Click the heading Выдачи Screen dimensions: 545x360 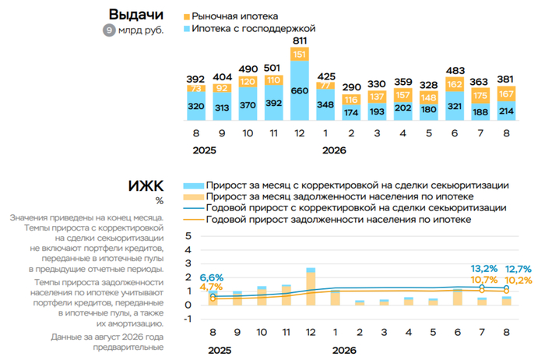pyautogui.click(x=136, y=15)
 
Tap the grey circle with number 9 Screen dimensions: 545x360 pyautogui.click(x=109, y=30)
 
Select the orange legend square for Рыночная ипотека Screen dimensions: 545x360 pyautogui.click(x=187, y=16)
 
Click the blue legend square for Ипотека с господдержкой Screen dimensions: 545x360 pyautogui.click(x=187, y=29)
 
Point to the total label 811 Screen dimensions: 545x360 pyautogui.click(x=300, y=41)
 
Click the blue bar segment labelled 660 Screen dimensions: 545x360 pyautogui.click(x=300, y=90)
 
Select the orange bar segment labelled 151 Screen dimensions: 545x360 pyautogui.click(x=300, y=55)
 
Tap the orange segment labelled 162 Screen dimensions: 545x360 pyautogui.click(x=455, y=84)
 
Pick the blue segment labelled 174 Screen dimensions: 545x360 pyautogui.click(x=351, y=112)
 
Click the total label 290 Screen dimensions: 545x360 pyautogui.click(x=351, y=87)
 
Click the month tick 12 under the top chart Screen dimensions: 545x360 pyautogui.click(x=300, y=133)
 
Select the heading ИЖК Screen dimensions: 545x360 pyautogui.click(x=146, y=186)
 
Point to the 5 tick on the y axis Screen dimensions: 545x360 pyautogui.click(x=188, y=236)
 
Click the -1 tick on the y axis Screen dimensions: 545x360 pyautogui.click(x=187, y=319)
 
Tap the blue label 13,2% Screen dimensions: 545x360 pyautogui.click(x=484, y=269)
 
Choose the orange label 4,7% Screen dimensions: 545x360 pyautogui.click(x=211, y=288)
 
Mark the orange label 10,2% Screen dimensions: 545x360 pyautogui.click(x=519, y=280)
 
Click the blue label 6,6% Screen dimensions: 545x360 pyautogui.click(x=211, y=277)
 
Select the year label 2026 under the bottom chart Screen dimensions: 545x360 pyautogui.click(x=344, y=351)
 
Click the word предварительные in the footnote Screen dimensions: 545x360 pyautogui.click(x=128, y=347)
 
